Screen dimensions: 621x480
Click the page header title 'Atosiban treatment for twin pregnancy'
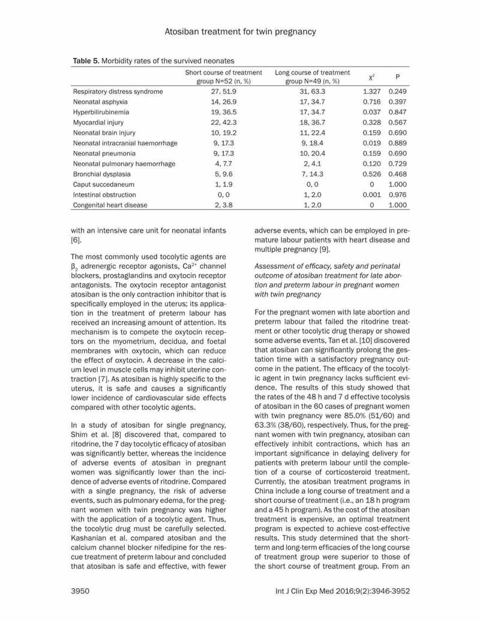[239, 31]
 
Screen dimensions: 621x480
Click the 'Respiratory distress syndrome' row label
[118, 92]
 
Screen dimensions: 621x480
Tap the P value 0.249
[398, 92]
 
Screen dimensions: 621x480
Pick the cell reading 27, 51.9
[224, 92]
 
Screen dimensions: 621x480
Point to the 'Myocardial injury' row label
[98, 122]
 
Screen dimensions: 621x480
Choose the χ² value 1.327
[373, 92]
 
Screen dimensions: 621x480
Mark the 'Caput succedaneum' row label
[103, 184]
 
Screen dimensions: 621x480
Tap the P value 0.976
[398, 194]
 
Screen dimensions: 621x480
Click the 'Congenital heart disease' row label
[110, 205]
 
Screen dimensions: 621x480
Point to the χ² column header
[372, 77]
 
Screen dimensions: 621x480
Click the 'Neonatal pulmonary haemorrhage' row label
[124, 164]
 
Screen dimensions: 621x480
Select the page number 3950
[81, 590]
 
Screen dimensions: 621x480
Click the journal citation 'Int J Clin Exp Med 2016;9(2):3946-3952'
[342, 590]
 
